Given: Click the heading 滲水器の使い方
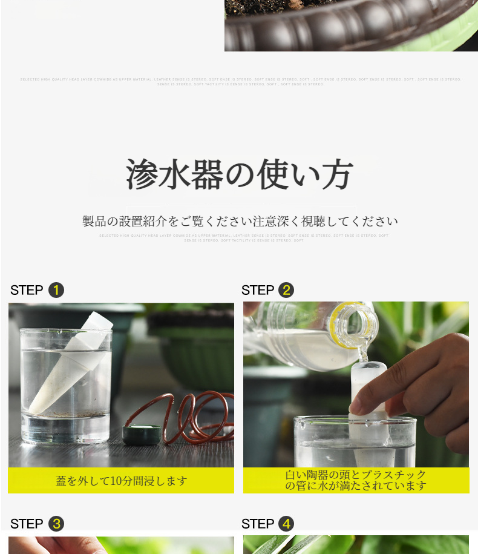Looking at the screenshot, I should [x=239, y=175].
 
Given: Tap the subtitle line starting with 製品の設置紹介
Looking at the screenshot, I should [x=240, y=222].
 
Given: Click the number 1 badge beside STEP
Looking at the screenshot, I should [x=56, y=290].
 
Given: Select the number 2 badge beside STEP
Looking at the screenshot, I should [x=286, y=290].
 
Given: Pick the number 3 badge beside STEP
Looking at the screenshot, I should [x=56, y=524].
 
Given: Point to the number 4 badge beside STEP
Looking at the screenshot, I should [x=286, y=524].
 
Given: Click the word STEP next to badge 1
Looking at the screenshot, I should [x=27, y=290].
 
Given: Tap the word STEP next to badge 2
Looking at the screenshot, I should [x=258, y=290].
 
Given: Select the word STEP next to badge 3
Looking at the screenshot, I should [x=27, y=524].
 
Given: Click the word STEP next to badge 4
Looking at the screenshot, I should [x=258, y=524].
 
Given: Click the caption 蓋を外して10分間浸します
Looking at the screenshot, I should [x=122, y=481].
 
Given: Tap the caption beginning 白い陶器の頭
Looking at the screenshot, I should [x=356, y=480].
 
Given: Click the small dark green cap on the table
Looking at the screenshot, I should [x=142, y=433].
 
